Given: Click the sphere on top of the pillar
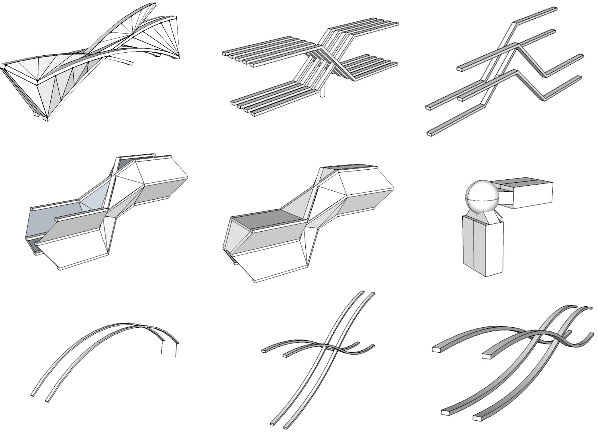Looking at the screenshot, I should pyautogui.click(x=482, y=198).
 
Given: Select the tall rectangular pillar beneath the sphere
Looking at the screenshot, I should pyautogui.click(x=482, y=247).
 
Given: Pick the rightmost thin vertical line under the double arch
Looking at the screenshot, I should pyautogui.click(x=176, y=349).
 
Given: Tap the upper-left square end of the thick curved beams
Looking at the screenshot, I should pyautogui.click(x=437, y=350).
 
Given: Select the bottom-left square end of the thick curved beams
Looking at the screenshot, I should pyautogui.click(x=446, y=412).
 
